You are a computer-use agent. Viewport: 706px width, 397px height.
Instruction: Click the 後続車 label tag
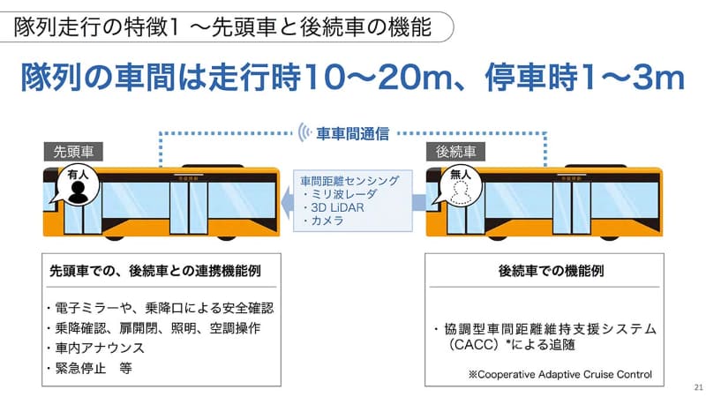click(456, 152)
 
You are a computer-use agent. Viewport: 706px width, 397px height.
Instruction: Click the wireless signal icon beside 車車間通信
click(305, 134)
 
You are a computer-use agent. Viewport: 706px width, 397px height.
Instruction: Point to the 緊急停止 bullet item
click(89, 369)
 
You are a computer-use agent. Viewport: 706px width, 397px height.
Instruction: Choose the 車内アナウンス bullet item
click(97, 348)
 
